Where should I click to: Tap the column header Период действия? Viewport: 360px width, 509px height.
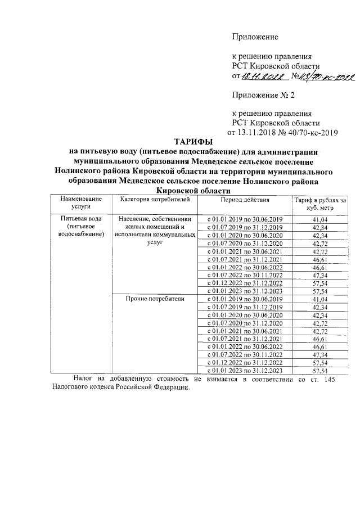point(245,199)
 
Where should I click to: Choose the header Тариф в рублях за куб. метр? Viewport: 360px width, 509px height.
point(318,203)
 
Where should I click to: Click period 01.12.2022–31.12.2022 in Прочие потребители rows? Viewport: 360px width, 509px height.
point(245,363)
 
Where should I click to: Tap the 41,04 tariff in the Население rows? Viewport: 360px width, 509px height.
point(318,219)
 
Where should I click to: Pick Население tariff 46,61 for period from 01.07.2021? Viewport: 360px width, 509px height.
point(318,259)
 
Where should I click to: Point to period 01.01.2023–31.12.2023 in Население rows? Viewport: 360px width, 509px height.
point(245,291)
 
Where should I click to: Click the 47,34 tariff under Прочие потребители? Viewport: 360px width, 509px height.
point(318,355)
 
